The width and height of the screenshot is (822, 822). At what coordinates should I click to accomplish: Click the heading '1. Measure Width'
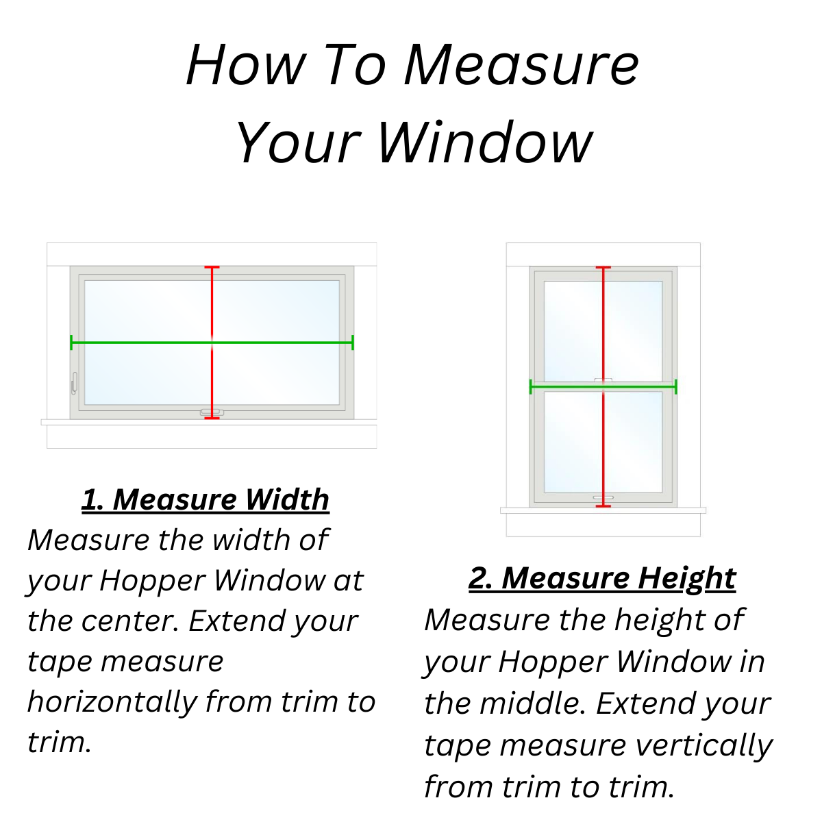pos(206,499)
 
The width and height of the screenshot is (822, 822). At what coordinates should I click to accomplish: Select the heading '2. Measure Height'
pos(602,578)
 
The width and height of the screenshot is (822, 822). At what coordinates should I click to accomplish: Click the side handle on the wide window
pos(75,383)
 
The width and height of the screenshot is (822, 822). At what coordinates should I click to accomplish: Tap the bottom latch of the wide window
pos(212,412)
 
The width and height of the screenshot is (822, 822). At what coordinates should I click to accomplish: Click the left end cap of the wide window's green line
pos(71,342)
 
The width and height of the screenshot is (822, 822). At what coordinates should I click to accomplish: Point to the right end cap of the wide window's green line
pos(353,342)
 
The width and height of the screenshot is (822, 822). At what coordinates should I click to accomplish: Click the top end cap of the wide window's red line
pos(212,267)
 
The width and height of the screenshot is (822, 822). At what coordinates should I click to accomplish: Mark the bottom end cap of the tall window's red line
pos(603,506)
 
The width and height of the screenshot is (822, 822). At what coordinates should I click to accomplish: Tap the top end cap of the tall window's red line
pos(603,267)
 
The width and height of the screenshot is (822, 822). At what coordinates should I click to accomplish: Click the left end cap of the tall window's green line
pos(531,387)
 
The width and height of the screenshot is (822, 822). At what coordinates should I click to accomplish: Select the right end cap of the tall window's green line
pos(675,387)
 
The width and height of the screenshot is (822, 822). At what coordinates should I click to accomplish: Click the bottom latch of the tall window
pos(603,497)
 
